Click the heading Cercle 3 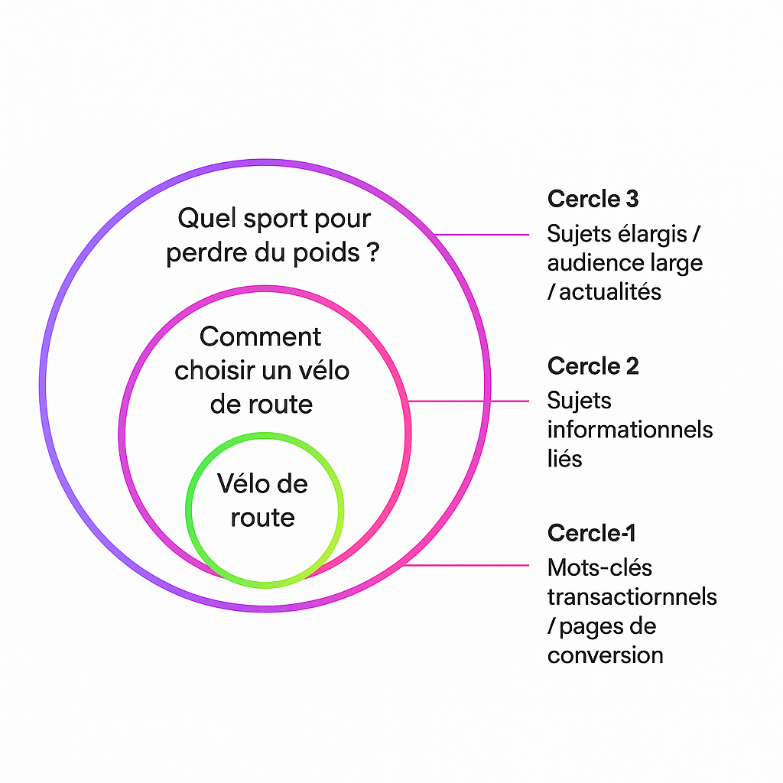(593, 199)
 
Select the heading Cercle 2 (593, 366)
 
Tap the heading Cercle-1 (591, 533)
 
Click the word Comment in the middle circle (261, 336)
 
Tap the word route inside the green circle (262, 518)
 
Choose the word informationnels (630, 430)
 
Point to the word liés (564, 459)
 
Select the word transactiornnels (632, 596)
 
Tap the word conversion (605, 655)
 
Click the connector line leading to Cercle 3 (482, 235)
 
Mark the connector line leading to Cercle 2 (468, 401)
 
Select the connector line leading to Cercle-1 (466, 566)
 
